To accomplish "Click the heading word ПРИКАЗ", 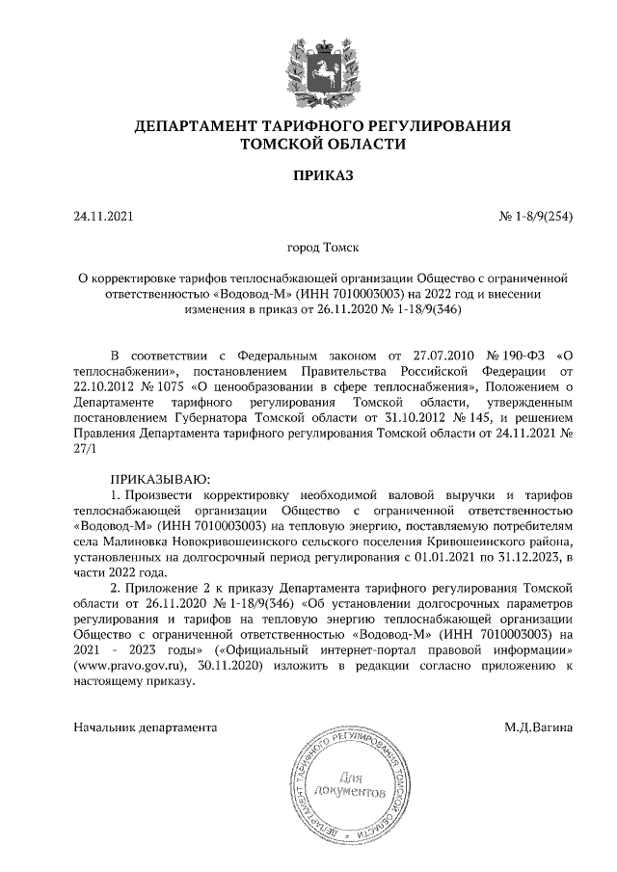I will (x=309, y=175).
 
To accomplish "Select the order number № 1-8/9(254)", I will (x=537, y=216).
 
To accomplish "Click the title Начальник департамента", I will (x=146, y=727).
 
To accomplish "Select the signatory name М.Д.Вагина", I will (x=538, y=727).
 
